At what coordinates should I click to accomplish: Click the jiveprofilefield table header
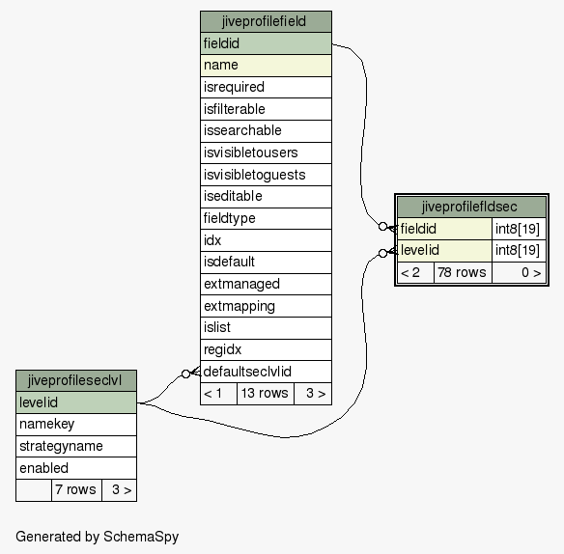tap(266, 21)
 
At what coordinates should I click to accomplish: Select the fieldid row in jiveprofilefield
tap(266, 43)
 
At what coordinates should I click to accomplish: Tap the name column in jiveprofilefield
tap(266, 66)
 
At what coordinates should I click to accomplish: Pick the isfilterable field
tap(266, 109)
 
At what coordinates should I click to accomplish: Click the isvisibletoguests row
tap(266, 175)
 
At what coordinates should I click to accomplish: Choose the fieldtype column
tap(266, 218)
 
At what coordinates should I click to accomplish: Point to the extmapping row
tap(266, 306)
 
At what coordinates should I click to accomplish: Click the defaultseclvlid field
tap(266, 372)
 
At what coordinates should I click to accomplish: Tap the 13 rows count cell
tap(265, 394)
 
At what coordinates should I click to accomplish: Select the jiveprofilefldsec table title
tap(471, 207)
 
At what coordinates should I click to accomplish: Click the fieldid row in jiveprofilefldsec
tap(444, 229)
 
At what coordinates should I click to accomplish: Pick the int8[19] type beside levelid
tap(519, 251)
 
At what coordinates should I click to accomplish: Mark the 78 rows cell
tap(463, 272)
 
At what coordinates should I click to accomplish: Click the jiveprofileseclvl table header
tap(76, 380)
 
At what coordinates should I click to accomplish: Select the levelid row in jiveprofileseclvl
tap(76, 402)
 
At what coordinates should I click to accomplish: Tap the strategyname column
tap(76, 447)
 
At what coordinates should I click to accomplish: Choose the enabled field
tap(76, 468)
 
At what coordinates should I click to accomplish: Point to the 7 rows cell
tap(76, 490)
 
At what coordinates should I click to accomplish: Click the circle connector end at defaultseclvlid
tap(185, 374)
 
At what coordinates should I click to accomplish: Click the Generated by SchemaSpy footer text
tap(98, 537)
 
